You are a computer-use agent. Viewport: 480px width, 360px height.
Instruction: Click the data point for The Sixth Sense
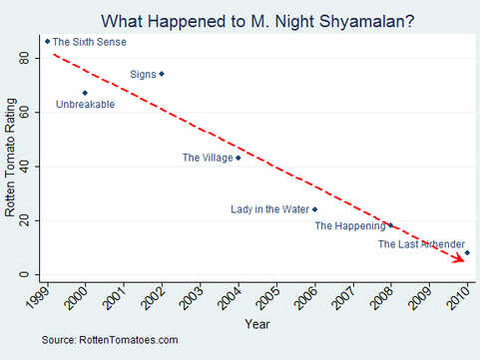[x=47, y=41]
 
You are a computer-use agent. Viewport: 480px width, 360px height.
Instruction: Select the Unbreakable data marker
[x=85, y=93]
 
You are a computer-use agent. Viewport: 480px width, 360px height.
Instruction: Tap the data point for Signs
[x=162, y=73]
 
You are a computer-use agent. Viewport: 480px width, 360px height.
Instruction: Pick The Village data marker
[x=238, y=158]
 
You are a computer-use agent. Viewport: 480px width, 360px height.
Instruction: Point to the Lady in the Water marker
[x=314, y=209]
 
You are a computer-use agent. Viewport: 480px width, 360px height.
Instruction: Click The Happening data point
[x=390, y=225]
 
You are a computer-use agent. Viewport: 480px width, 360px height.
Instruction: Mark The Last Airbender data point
[x=467, y=253]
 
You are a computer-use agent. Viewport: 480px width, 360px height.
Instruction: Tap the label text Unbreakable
[x=85, y=105]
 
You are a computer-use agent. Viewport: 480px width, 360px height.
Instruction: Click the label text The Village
[x=207, y=158]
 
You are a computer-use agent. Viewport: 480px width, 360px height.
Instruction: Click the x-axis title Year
[x=256, y=324]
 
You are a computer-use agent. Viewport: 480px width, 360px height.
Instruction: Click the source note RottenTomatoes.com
[x=110, y=341]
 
